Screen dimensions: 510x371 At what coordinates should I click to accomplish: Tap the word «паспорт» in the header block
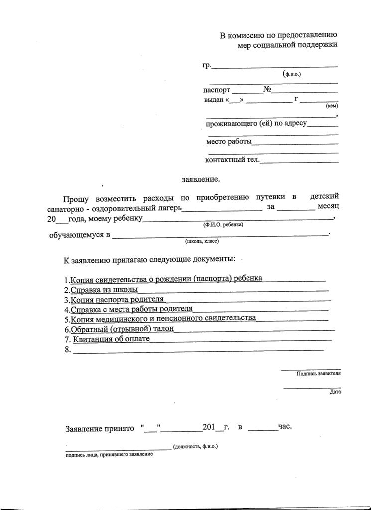(x=217, y=90)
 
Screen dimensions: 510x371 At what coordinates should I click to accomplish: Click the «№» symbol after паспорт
(x=267, y=90)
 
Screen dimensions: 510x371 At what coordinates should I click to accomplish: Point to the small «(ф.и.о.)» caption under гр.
(x=292, y=74)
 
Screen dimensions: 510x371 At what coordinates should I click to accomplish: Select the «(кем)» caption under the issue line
(x=332, y=106)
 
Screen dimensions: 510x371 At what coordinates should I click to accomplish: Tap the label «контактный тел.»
(x=232, y=160)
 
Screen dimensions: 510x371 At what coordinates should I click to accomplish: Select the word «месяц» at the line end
(x=329, y=206)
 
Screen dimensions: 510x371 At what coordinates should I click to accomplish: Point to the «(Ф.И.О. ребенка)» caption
(x=223, y=225)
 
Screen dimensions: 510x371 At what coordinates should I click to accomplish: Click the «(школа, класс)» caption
(x=202, y=241)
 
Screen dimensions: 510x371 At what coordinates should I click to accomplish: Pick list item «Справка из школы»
(x=105, y=290)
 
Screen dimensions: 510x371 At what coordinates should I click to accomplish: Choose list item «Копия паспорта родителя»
(x=118, y=300)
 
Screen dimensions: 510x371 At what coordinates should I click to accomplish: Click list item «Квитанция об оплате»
(x=111, y=340)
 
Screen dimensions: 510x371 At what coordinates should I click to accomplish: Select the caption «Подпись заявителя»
(x=318, y=373)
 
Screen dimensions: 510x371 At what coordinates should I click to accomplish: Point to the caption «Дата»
(x=335, y=392)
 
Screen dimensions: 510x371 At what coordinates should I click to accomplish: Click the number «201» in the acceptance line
(x=208, y=427)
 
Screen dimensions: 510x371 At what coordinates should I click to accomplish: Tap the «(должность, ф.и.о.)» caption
(x=195, y=447)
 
